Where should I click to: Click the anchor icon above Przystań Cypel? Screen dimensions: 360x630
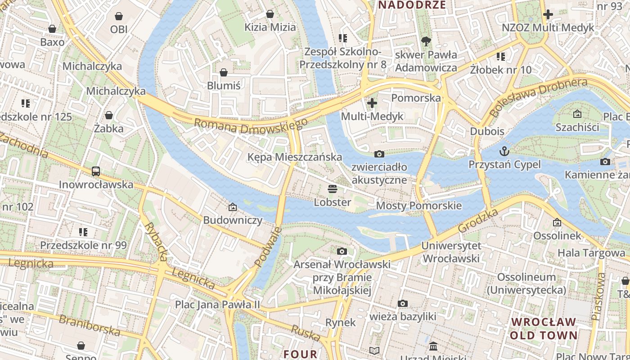pyautogui.click(x=504, y=151)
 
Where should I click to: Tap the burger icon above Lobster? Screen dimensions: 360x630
pyautogui.click(x=333, y=189)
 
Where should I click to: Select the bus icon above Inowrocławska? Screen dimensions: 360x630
pyautogui.click(x=96, y=171)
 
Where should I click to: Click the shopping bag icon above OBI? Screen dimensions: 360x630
pyautogui.click(x=119, y=16)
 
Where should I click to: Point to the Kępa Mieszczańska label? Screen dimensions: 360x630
pyautogui.click(x=295, y=157)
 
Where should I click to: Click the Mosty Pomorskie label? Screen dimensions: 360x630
pyautogui.click(x=419, y=206)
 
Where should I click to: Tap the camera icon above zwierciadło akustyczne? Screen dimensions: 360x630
pyautogui.click(x=379, y=154)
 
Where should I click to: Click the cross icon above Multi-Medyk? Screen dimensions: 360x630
pyautogui.click(x=372, y=103)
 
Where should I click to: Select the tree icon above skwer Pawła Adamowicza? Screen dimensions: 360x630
pyautogui.click(x=426, y=41)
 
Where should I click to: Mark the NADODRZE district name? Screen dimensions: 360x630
pyautogui.click(x=412, y=5)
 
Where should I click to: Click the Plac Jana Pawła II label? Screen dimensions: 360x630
pyautogui.click(x=218, y=305)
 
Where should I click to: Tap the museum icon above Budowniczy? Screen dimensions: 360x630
pyautogui.click(x=233, y=207)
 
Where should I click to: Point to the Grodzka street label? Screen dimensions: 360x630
pyautogui.click(x=478, y=220)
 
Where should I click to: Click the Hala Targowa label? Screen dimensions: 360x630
pyautogui.click(x=591, y=253)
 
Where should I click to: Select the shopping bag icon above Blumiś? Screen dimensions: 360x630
pyautogui.click(x=224, y=72)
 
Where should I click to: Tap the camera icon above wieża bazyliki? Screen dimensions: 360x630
pyautogui.click(x=403, y=303)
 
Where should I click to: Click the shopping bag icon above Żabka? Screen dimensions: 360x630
pyautogui.click(x=108, y=115)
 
